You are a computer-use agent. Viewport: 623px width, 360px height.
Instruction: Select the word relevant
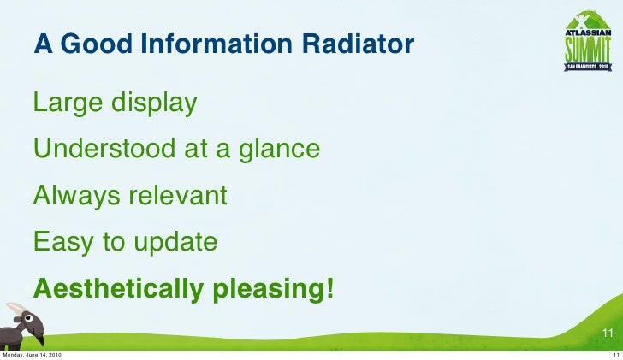(178, 196)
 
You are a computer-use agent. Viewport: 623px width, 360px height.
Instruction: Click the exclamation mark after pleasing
(329, 288)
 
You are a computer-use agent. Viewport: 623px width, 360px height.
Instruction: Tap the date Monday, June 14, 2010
(32, 355)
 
